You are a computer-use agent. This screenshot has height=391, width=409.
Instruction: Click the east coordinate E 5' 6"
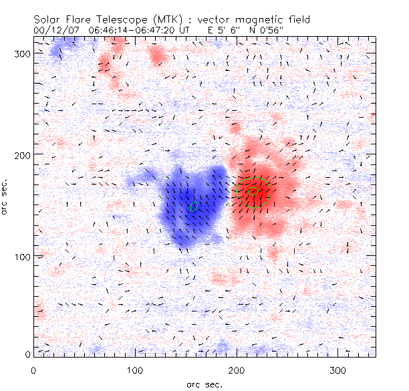(x=227, y=31)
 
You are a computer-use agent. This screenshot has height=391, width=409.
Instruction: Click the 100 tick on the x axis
(x=135, y=370)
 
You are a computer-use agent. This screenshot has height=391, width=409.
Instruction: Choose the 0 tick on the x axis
(x=33, y=370)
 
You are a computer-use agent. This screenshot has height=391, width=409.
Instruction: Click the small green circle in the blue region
(x=194, y=206)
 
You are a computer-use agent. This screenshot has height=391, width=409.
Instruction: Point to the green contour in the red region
(x=254, y=191)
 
